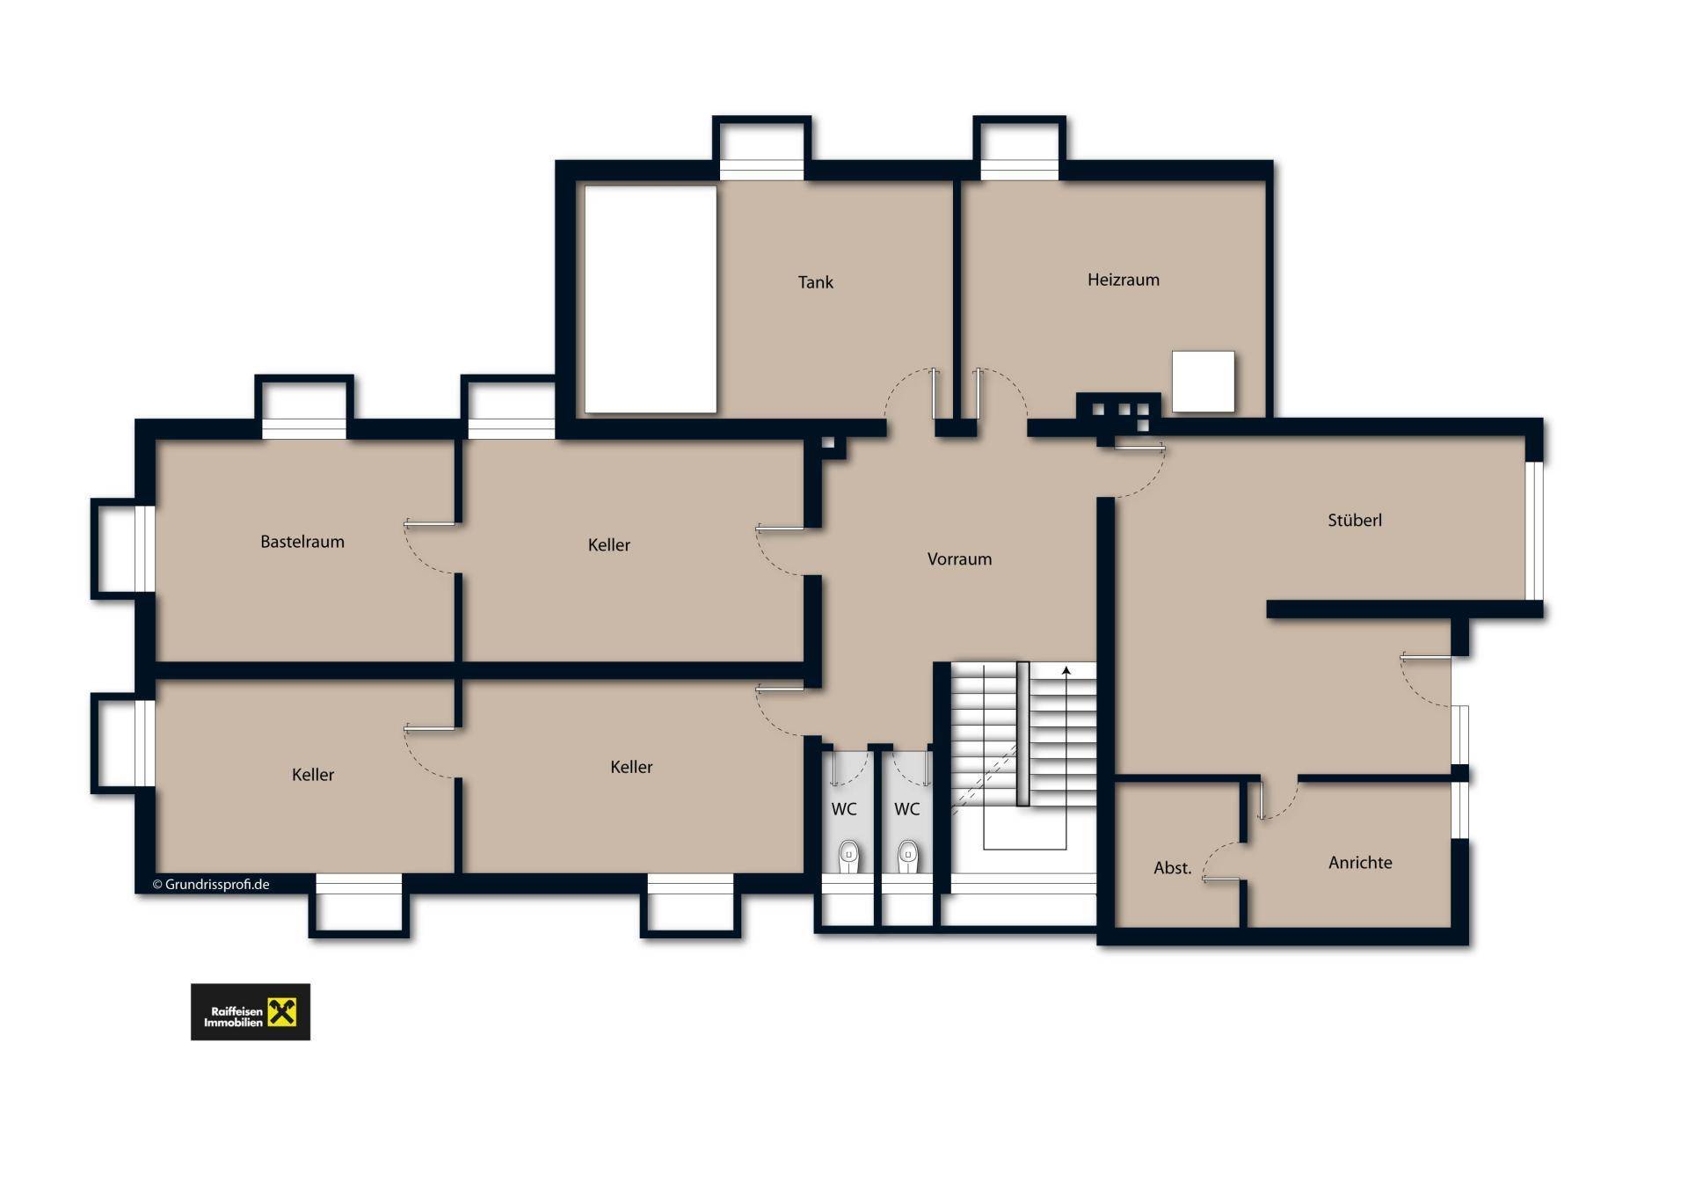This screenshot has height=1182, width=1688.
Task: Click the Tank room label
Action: (815, 282)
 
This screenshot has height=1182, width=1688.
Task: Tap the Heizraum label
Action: (1123, 280)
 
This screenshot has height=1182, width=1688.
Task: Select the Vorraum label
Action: (959, 558)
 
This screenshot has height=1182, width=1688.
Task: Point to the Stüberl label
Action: (1354, 520)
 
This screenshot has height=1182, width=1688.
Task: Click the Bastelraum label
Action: (302, 542)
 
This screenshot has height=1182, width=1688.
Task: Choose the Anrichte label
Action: (1360, 863)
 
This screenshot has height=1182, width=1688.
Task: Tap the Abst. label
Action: (1172, 868)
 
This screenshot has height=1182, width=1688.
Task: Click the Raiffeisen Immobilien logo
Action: (251, 1011)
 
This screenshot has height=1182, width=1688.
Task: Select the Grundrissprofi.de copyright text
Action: (211, 885)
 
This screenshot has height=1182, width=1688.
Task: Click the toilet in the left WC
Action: (848, 856)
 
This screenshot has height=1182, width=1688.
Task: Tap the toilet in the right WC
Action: (908, 856)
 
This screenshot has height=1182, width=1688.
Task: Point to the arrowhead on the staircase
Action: (1066, 671)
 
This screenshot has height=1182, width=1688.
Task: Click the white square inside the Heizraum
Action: (1203, 381)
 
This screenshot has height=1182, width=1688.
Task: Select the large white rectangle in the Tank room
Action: (651, 299)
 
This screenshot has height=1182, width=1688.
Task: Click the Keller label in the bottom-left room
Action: (313, 775)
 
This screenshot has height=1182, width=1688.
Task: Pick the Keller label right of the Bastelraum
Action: (608, 545)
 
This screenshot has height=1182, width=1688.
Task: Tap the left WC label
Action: (844, 809)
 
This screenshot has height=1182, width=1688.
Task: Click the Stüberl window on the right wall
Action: (1534, 530)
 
